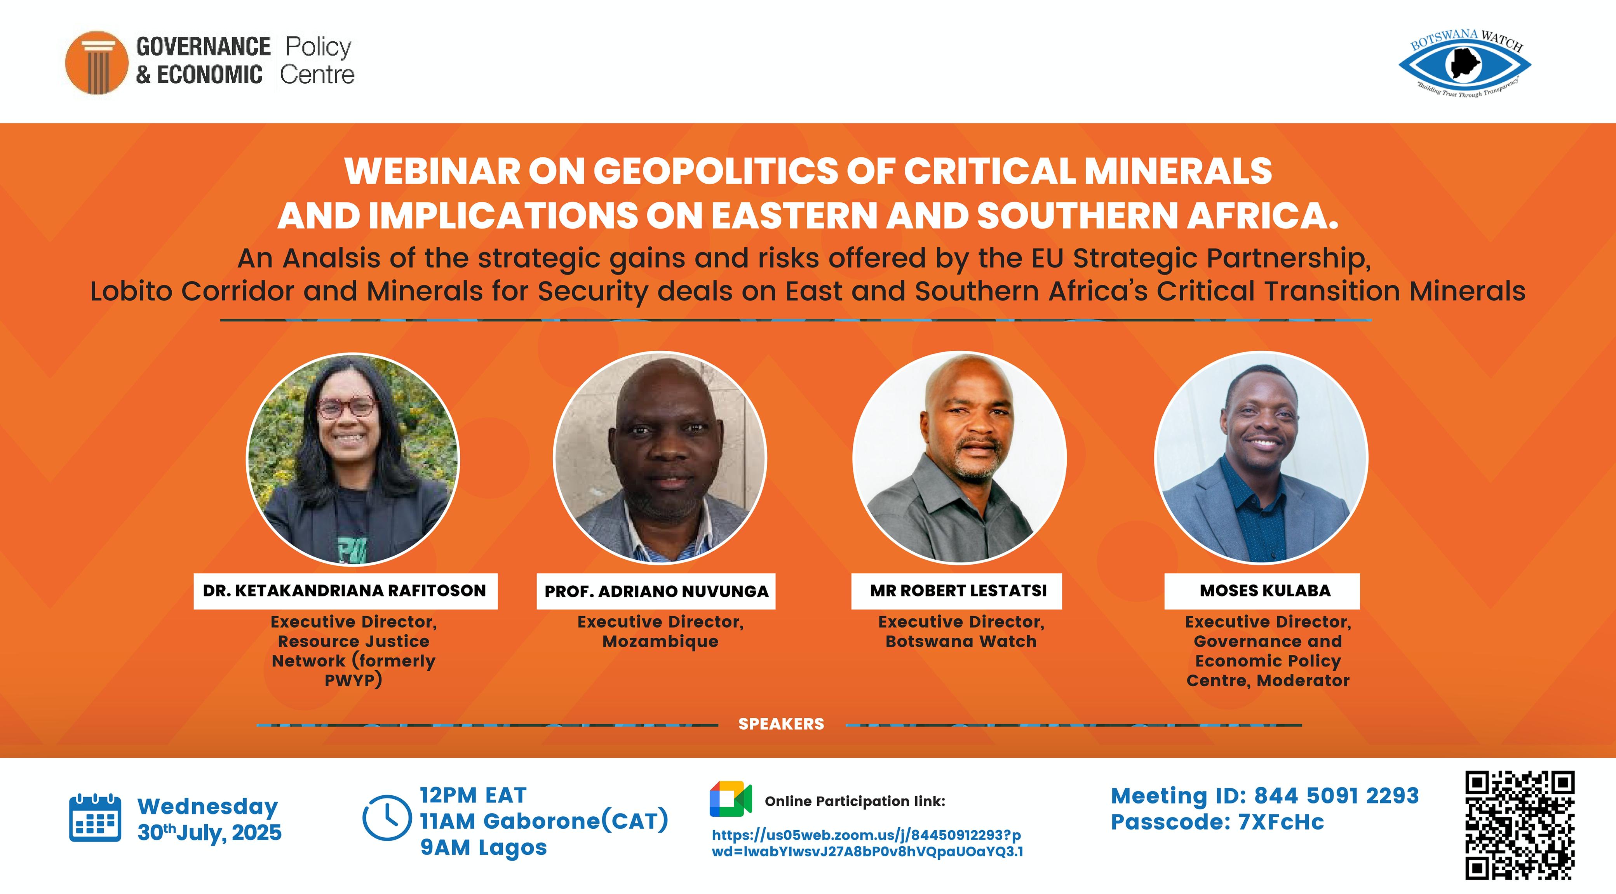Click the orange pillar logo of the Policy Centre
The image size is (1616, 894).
click(x=97, y=63)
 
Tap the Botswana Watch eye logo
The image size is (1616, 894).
click(x=1465, y=64)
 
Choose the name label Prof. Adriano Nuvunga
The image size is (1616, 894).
click(x=656, y=591)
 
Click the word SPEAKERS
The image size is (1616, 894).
click(x=781, y=724)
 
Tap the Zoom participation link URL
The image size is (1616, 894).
click(x=867, y=843)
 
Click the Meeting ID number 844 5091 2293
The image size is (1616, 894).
click(x=1336, y=795)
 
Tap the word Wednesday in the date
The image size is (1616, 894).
click(x=208, y=806)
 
